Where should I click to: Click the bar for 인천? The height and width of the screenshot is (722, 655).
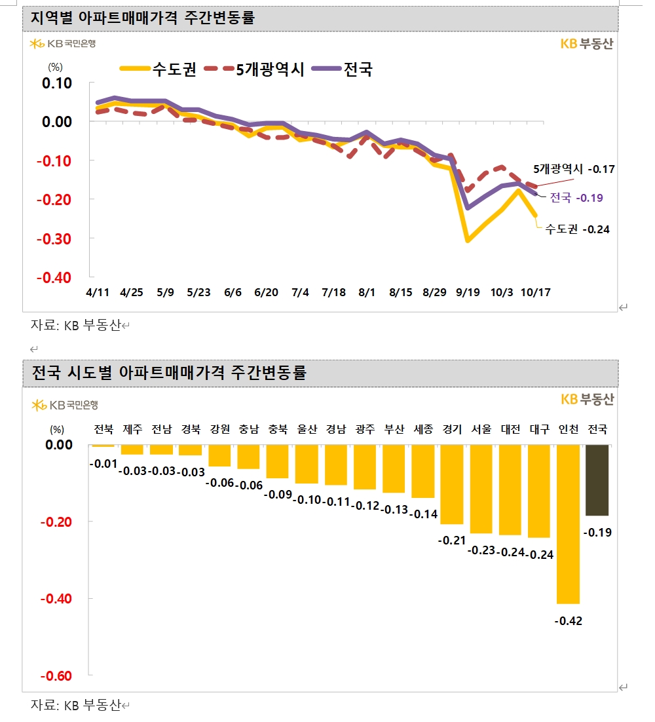tap(569, 523)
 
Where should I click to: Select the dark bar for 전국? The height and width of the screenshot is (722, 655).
tap(597, 480)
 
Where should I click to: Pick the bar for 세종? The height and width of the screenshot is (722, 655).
tap(423, 471)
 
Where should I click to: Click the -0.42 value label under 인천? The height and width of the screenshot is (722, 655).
tap(569, 620)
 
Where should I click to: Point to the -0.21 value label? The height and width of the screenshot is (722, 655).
tap(452, 541)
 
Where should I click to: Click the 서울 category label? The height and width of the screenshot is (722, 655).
tap(481, 430)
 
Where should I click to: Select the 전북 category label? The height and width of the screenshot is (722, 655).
tap(103, 430)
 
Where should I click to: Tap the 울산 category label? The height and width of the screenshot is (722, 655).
tap(307, 430)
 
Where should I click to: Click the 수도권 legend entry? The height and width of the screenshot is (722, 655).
tap(158, 69)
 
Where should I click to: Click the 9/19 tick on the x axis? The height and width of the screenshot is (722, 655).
tap(468, 292)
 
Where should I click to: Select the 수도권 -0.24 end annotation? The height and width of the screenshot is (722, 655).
tap(577, 229)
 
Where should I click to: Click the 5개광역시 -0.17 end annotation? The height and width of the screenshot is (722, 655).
tap(573, 169)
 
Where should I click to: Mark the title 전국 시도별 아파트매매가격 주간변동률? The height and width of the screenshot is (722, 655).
tap(169, 373)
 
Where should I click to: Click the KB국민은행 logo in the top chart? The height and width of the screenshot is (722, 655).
tap(63, 44)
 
